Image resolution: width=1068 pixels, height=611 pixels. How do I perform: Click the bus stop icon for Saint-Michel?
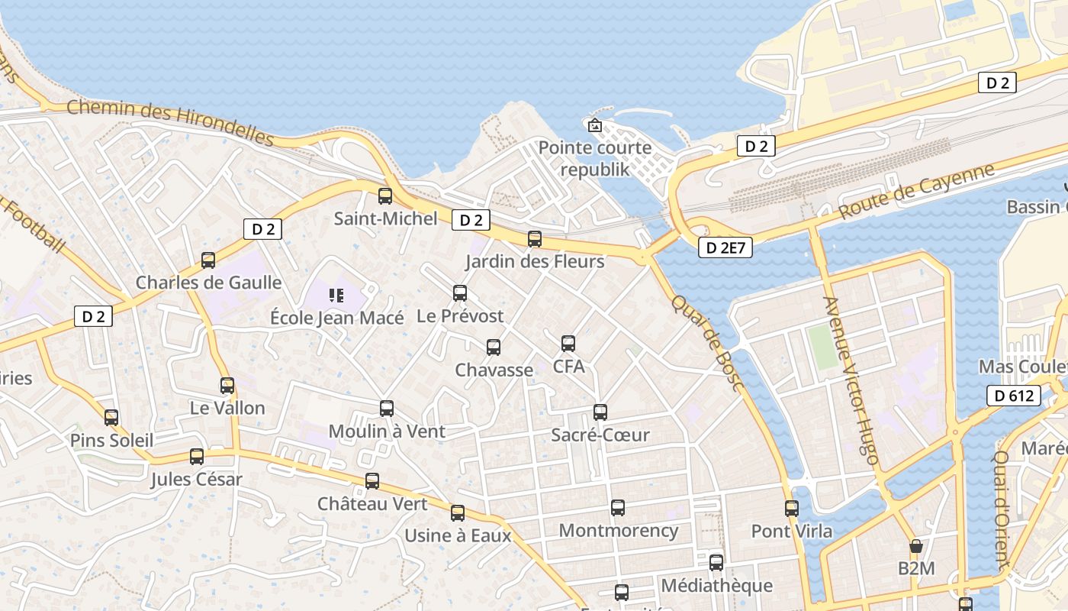385,196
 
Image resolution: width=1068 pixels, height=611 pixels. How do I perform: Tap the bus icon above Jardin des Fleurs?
535,239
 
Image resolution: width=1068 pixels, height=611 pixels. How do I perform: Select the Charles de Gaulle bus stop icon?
208,260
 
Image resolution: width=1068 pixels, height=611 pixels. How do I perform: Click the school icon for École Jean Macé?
336,295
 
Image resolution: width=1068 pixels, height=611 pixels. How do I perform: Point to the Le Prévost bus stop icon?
460,293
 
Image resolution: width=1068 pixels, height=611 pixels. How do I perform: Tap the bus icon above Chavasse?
494,348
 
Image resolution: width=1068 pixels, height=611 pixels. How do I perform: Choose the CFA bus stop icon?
568,344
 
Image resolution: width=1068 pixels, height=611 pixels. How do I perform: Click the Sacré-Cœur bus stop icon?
600,412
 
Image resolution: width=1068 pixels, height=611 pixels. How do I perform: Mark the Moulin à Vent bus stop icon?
387,409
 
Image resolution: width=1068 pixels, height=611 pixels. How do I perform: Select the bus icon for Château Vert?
372,481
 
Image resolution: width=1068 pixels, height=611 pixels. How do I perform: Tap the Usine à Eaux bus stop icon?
458,513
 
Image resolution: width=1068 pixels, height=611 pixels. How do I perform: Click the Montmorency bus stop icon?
618,508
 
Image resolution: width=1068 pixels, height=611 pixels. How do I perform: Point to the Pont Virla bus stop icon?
792,508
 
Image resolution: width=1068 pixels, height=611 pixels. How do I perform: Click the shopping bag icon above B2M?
916,546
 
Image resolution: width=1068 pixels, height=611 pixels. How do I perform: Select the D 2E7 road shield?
725,247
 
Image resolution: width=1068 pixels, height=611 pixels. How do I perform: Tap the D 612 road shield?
1014,396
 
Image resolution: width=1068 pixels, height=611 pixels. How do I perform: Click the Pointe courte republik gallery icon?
595,125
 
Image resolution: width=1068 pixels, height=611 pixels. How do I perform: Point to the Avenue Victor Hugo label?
851,380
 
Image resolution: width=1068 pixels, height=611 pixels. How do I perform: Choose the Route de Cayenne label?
917,191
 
